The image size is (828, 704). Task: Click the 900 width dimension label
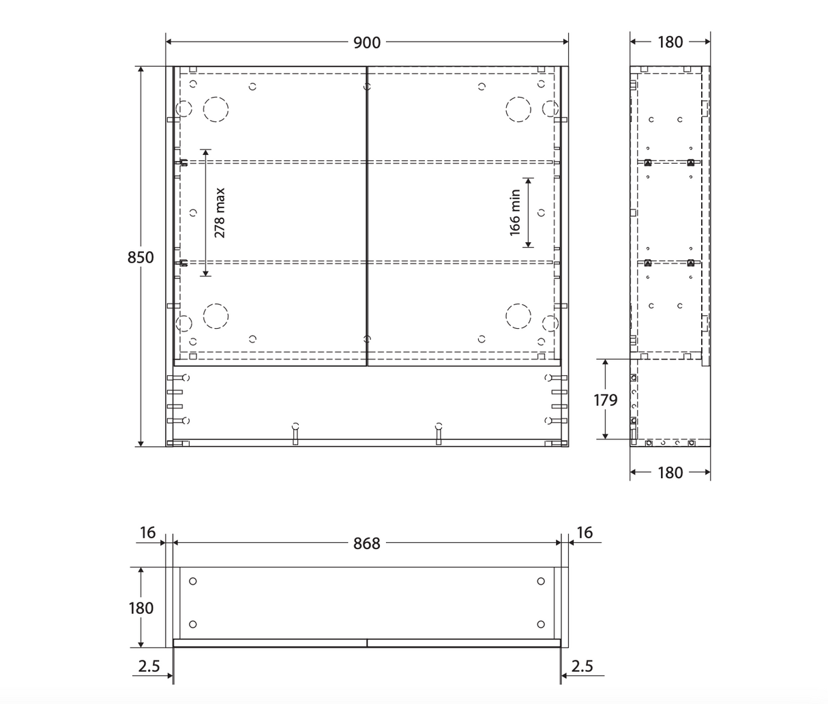366,42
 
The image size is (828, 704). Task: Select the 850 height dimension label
141,257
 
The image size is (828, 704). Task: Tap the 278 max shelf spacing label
220,213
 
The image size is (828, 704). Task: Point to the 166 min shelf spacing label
515,213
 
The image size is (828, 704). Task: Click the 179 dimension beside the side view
605,400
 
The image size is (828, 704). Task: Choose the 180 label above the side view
670,42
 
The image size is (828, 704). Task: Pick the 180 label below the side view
670,473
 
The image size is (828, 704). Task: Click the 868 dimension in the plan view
366,544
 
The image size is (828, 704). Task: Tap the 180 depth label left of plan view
141,608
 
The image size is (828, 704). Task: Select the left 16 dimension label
147,533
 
